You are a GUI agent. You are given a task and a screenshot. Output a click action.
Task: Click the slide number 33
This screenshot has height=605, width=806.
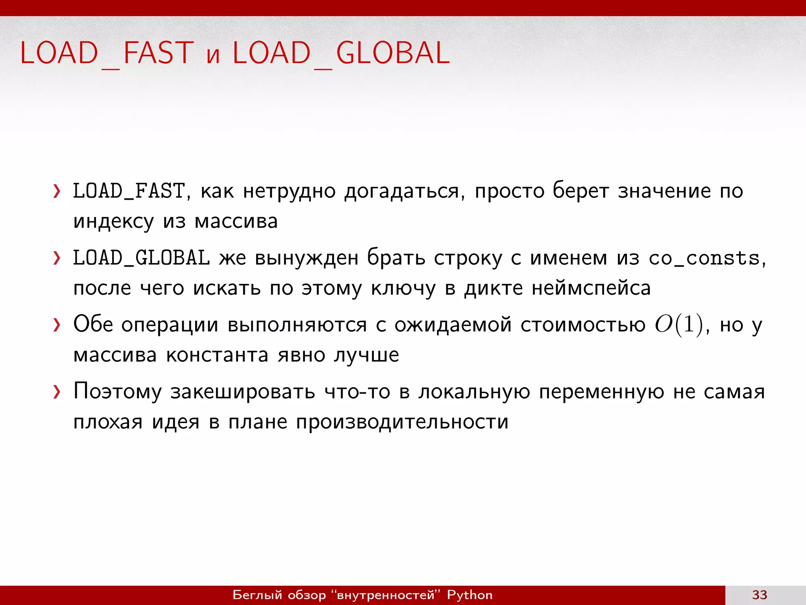coord(760,595)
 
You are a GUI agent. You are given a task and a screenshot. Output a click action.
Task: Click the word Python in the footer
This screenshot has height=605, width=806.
coord(470,595)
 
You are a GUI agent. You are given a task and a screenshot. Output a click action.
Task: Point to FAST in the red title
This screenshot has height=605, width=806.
coord(159,53)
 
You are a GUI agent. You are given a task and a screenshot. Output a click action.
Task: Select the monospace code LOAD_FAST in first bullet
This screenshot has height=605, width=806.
coord(129,191)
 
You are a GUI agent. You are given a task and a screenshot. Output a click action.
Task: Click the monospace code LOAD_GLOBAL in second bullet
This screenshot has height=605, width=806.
coord(141,258)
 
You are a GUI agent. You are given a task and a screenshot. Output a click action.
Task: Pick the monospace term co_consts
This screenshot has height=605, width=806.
coord(704,259)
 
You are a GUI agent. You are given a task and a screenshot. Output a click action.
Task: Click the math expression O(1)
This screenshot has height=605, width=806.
coord(678,325)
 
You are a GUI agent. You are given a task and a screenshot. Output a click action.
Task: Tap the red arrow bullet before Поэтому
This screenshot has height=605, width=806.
coord(57,392)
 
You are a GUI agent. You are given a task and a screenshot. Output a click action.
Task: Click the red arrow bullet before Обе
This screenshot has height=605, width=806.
coord(57,325)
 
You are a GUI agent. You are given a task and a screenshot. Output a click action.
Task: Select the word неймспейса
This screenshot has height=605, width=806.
coord(591,288)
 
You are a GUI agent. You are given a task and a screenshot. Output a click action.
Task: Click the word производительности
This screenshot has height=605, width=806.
coord(402,422)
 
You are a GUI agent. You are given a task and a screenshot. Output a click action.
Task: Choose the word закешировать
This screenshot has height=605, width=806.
coord(243,392)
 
